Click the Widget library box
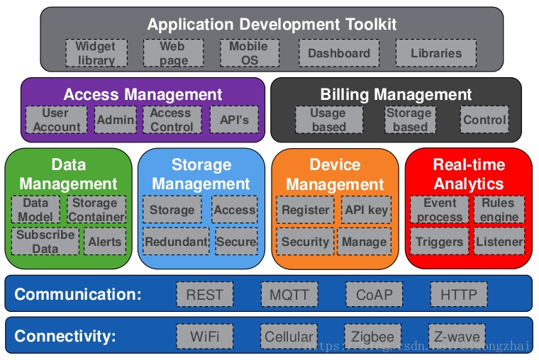click(96, 53)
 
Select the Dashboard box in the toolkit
click(339, 53)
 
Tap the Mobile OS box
click(249, 53)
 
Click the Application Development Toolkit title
click(272, 24)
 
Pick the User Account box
click(56, 120)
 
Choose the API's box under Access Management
click(234, 120)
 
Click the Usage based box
click(328, 120)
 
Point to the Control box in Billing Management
click(484, 120)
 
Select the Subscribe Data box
click(45, 241)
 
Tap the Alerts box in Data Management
click(105, 242)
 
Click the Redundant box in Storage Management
click(176, 242)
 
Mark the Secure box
click(236, 242)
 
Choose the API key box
click(365, 210)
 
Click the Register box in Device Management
click(305, 210)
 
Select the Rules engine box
click(499, 210)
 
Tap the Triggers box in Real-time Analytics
click(439, 242)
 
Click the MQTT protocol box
click(289, 294)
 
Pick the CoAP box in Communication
click(374, 294)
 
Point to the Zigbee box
click(373, 336)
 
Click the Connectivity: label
click(65, 336)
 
